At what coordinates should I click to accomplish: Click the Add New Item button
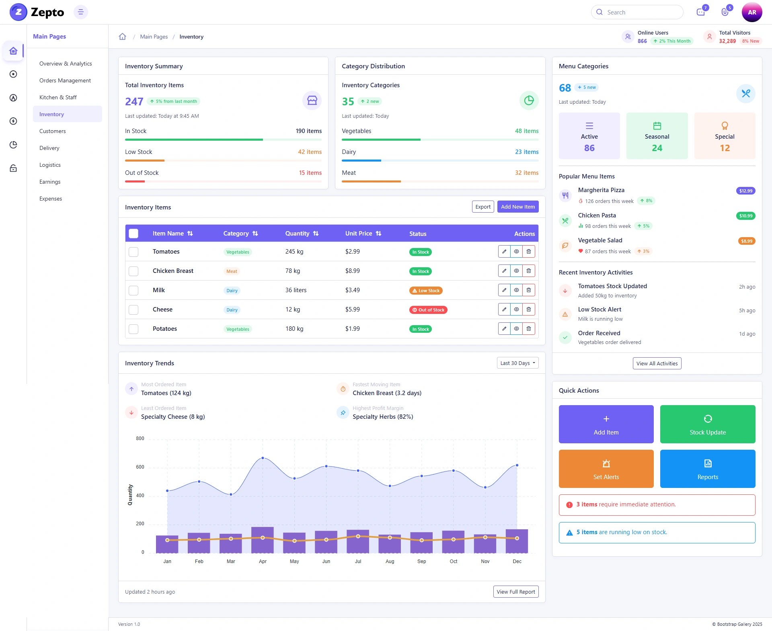(518, 207)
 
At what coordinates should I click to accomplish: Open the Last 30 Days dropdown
(517, 363)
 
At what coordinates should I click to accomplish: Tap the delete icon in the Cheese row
(529, 309)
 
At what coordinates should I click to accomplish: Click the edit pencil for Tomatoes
(504, 252)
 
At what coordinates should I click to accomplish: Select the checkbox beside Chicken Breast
(133, 271)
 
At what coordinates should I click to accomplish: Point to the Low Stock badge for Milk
(426, 291)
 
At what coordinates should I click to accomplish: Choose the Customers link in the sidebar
(53, 131)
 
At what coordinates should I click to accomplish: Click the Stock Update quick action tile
(708, 424)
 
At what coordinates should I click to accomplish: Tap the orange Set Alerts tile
(606, 469)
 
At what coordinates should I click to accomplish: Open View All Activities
(657, 363)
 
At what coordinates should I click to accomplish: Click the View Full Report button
(516, 592)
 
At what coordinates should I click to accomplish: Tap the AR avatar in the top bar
(752, 12)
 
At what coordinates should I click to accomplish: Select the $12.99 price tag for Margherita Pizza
(746, 191)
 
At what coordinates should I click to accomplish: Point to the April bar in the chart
(263, 540)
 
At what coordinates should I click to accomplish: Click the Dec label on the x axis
(517, 561)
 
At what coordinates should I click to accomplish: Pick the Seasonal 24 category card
(657, 136)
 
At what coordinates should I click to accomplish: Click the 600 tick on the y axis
(140, 467)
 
